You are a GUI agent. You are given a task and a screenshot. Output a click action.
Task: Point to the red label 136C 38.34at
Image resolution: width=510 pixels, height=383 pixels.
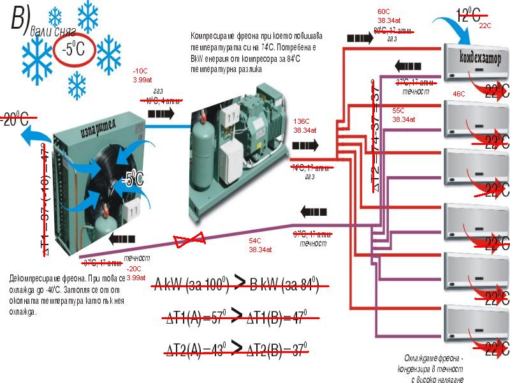302,125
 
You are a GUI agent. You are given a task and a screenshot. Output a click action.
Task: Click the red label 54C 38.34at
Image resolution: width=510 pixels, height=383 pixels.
259,245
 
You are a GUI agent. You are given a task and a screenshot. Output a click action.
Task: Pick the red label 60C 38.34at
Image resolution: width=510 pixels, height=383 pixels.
388,16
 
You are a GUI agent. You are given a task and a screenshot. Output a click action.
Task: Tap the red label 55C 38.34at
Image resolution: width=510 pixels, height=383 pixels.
403,114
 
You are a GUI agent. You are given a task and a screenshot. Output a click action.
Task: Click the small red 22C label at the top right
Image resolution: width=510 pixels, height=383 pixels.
485,26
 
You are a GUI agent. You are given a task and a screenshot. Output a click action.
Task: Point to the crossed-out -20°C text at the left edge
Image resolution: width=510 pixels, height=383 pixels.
14,118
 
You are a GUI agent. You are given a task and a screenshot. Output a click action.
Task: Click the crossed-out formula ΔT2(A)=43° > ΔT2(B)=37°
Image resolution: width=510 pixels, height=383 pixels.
237,349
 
